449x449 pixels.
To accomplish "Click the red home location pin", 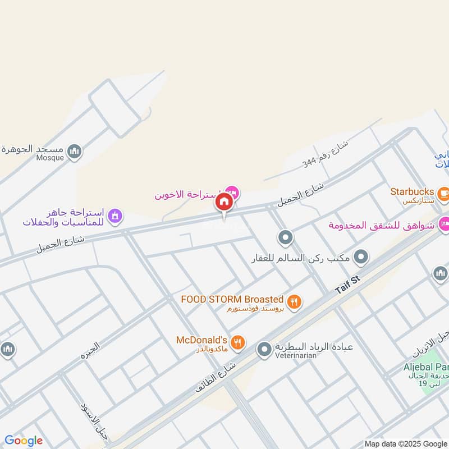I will [x=224, y=202].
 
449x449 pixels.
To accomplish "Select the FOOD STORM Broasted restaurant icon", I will [x=295, y=301].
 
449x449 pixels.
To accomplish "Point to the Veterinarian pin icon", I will [x=264, y=351].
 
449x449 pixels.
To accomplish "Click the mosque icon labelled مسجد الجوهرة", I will [x=75, y=151].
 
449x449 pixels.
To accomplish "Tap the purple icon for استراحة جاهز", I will [x=116, y=215].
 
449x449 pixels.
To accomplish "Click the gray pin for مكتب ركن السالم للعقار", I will [x=362, y=257].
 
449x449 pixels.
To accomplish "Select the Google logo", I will [x=23, y=441].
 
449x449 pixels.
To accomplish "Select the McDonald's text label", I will [x=201, y=340].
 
